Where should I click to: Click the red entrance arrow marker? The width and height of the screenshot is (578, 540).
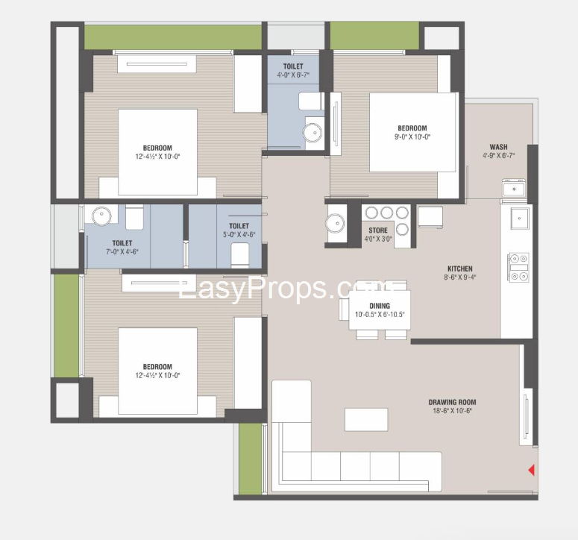tap(532, 470)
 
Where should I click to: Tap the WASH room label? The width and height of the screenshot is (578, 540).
tap(498, 147)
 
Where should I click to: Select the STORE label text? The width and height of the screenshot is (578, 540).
tap(378, 230)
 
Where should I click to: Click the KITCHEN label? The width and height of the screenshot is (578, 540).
tap(460, 269)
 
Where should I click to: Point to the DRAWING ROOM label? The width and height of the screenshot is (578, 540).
tap(452, 402)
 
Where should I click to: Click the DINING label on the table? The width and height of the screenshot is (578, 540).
tap(380, 306)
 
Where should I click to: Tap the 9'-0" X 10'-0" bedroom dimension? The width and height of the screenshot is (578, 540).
tap(412, 136)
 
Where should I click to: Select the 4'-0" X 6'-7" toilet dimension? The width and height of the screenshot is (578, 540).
tap(293, 75)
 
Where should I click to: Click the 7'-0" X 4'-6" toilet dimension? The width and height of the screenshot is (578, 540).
tap(122, 252)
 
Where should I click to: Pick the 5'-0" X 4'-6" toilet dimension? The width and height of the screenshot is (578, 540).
tap(239, 234)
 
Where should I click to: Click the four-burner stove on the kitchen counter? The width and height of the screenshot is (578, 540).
tap(519, 268)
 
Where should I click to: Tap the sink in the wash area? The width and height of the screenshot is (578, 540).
tap(514, 189)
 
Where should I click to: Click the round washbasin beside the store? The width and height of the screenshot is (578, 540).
tap(335, 223)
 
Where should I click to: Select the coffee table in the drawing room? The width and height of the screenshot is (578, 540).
tap(366, 419)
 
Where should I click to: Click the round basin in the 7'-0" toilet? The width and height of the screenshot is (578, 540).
tap(101, 216)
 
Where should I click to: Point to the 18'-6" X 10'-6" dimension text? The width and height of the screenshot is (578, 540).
tap(452, 411)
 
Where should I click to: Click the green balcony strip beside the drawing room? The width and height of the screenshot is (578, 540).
tap(251, 459)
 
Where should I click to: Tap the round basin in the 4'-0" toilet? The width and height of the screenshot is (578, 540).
tap(312, 132)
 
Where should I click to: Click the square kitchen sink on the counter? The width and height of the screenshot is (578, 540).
tap(519, 219)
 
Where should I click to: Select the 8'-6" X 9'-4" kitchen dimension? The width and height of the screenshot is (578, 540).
tap(460, 277)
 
